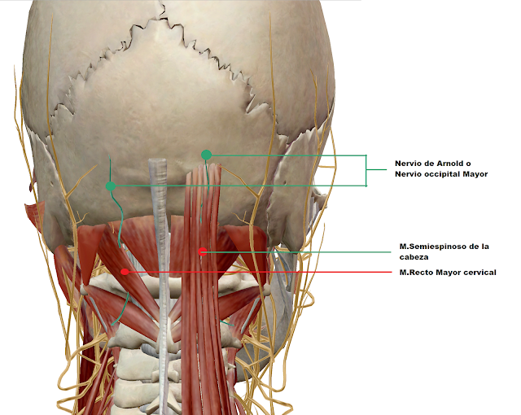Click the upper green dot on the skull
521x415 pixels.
[206, 155]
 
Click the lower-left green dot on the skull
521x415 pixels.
[111, 186]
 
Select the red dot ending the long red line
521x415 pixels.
[124, 272]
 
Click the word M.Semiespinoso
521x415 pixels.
[435, 246]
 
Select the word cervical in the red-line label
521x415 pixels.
[478, 273]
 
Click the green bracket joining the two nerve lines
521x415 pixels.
[366, 171]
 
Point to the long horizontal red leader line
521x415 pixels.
[260, 272]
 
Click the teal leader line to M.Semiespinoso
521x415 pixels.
[301, 251]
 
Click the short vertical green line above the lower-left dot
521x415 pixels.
[111, 170]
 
